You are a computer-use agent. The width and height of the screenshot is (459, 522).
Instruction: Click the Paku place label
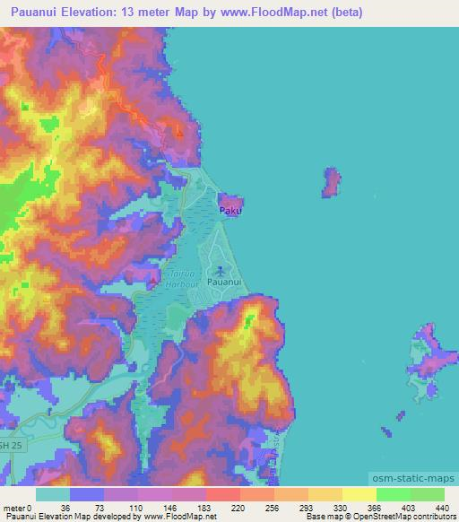click(231, 213)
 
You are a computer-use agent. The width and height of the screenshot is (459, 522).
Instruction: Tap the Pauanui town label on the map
click(222, 282)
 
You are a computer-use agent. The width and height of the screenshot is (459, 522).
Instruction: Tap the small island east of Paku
click(332, 182)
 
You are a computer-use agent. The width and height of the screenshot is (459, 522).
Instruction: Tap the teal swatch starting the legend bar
click(53, 494)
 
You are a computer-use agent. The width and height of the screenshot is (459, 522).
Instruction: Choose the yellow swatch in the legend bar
click(359, 494)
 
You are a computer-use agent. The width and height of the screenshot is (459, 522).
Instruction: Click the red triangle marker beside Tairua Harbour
click(153, 283)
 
